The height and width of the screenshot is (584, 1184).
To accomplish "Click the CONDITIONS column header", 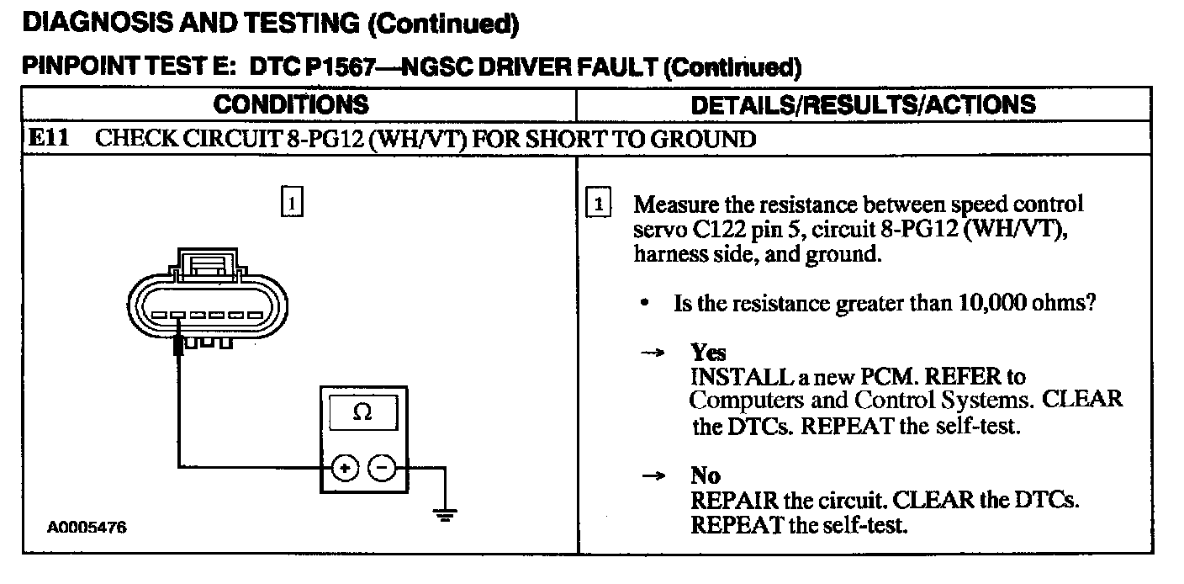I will pos(290,104).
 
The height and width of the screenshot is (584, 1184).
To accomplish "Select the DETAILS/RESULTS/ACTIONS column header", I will pos(863,104).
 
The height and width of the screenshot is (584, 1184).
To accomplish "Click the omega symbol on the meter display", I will pos(363,412).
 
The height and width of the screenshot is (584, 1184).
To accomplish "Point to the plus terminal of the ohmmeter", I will pos(346,467).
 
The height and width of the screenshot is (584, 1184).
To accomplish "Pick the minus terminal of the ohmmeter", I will pos(383,467).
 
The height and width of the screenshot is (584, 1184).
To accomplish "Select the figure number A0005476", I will pos(87,528).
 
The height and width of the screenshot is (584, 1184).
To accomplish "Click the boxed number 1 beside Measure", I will pos(596,204).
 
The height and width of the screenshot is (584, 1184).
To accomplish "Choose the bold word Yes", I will pos(708,353).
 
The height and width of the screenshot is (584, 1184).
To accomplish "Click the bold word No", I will pos(706,476).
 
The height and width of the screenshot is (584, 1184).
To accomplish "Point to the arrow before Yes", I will pos(653,353).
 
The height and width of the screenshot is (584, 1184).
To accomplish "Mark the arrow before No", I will pos(653,477).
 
